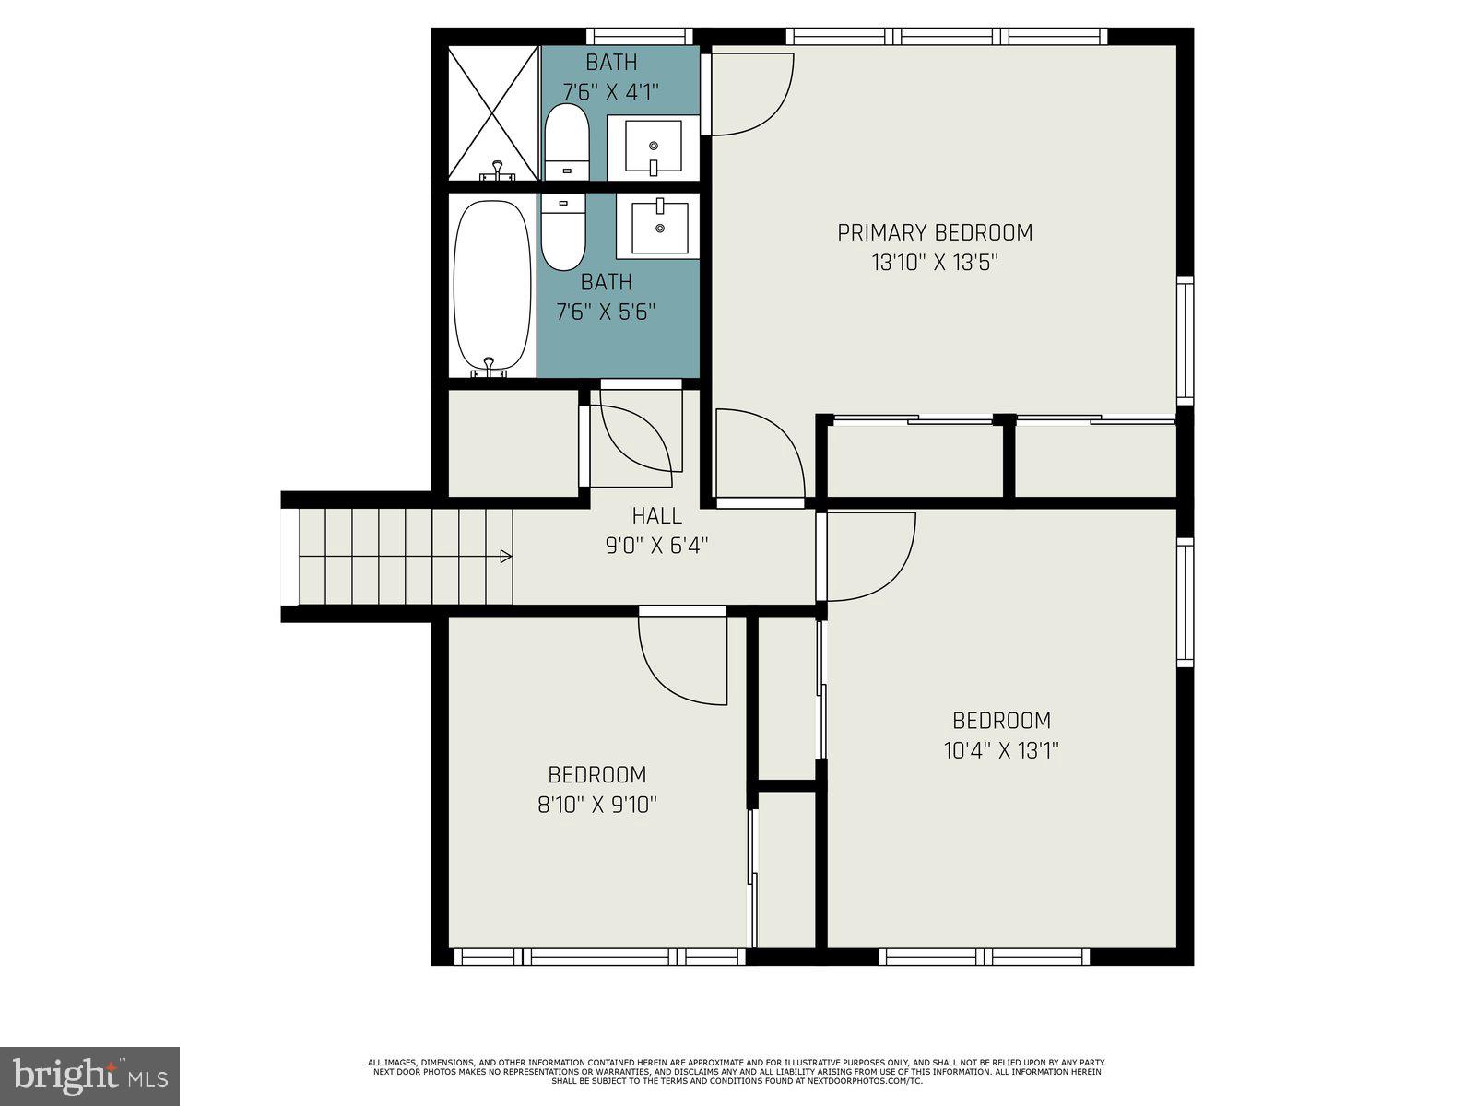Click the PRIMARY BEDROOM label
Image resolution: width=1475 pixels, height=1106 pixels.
coord(934,232)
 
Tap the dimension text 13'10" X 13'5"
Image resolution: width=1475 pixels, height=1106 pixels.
coord(934,263)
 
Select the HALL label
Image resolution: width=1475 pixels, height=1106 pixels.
coord(656,516)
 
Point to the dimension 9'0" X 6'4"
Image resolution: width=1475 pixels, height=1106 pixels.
coord(656,546)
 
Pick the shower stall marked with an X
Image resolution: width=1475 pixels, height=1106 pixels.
coord(492,112)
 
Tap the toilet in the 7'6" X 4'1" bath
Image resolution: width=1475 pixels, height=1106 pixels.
coord(566,143)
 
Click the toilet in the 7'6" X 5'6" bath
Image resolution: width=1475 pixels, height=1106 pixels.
coord(563,232)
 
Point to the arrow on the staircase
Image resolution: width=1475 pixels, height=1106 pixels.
coord(505,556)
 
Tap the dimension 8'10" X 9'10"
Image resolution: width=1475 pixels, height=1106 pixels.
coord(596,805)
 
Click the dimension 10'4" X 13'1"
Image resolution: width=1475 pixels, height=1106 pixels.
coord(1001,750)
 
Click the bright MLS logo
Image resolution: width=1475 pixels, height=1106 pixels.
coord(89,1076)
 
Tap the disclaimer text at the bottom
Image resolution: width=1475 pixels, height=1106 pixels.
coord(737,1071)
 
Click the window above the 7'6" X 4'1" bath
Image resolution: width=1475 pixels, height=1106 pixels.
coord(639,36)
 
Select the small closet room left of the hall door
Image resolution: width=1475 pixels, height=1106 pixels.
coord(513,443)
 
